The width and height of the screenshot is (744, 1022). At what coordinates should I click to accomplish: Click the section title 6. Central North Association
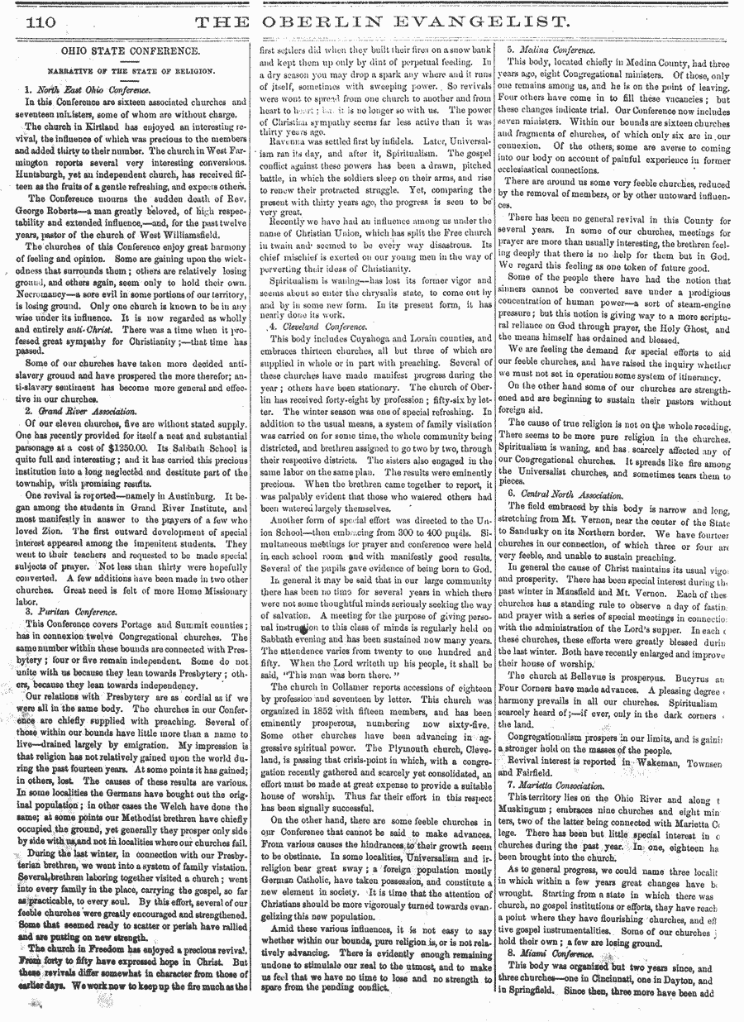pos(565,493)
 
